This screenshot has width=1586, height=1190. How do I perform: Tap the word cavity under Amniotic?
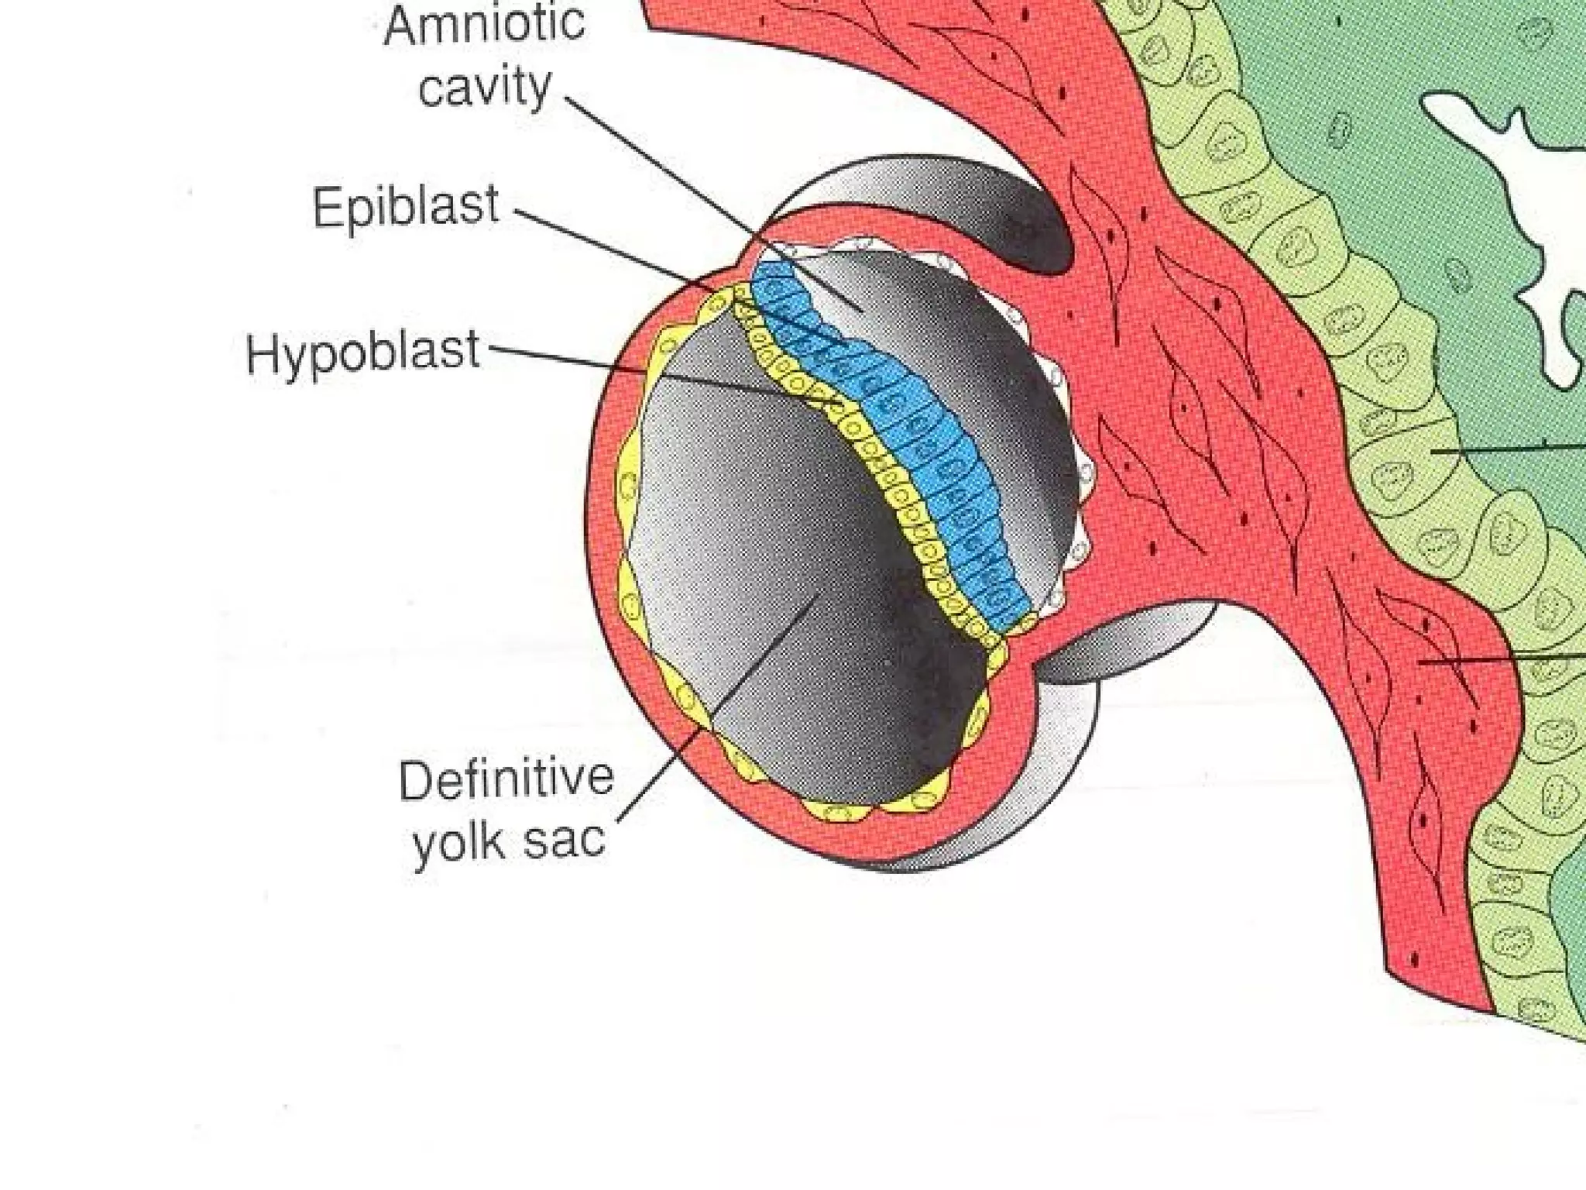pyautogui.click(x=485, y=87)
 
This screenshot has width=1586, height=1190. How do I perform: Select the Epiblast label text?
pyautogui.click(x=405, y=208)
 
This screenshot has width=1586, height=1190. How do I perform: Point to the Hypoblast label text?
pyautogui.click(x=362, y=353)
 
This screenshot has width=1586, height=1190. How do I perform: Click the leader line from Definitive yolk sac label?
pyautogui.click(x=697, y=736)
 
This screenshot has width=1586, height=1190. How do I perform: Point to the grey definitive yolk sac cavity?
pyautogui.click(x=774, y=542)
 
